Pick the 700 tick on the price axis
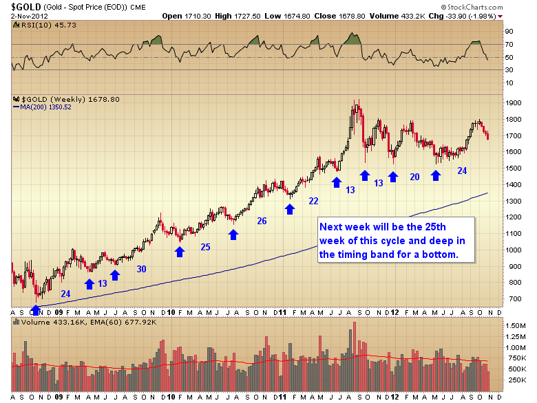(x=512, y=298)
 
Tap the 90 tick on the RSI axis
(x=510, y=32)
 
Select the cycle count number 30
(x=141, y=269)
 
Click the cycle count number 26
(x=262, y=221)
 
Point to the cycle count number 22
(x=313, y=200)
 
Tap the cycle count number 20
(x=414, y=177)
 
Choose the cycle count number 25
(x=205, y=246)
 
